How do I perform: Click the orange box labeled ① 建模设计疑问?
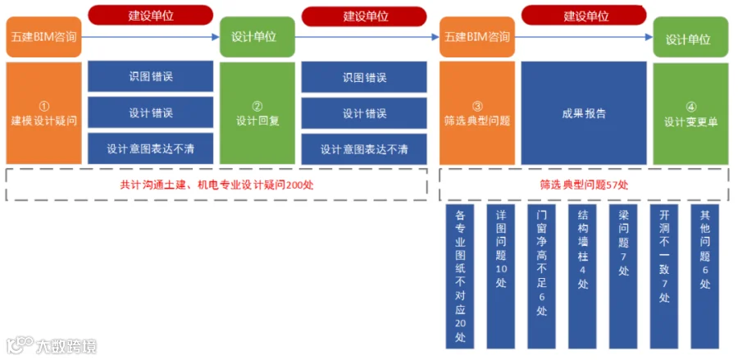click(x=43, y=113)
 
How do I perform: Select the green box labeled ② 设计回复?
click(x=257, y=113)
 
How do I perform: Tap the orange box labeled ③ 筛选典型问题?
click(x=477, y=113)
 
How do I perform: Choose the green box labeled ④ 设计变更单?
click(x=691, y=113)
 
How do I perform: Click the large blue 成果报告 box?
click(x=584, y=113)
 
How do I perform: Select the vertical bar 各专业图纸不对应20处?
click(x=460, y=276)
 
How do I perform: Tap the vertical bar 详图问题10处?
click(x=501, y=276)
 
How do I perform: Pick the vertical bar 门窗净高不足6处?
click(x=542, y=276)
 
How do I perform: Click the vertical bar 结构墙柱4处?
click(x=583, y=276)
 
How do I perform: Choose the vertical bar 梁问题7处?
click(x=623, y=276)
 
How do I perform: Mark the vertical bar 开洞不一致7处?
click(x=664, y=276)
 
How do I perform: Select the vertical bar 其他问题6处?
click(x=705, y=276)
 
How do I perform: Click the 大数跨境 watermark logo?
click(x=52, y=345)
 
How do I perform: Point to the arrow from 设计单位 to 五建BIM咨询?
click(x=367, y=37)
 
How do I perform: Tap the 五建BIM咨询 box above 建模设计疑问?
click(x=43, y=37)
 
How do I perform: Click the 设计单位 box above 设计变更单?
click(x=691, y=37)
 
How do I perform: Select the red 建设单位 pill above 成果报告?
click(x=584, y=16)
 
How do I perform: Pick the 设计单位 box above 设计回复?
click(x=257, y=37)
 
